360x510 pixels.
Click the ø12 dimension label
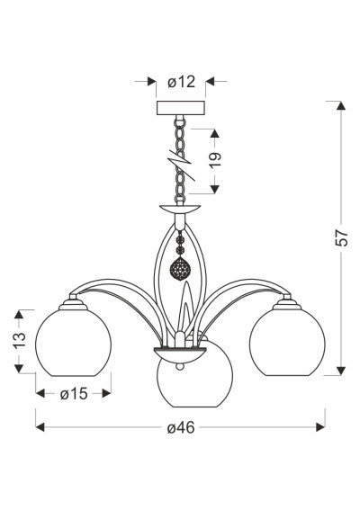(182, 82)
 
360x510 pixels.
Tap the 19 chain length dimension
(215, 160)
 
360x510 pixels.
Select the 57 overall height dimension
(341, 237)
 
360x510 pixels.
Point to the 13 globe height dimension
(20, 340)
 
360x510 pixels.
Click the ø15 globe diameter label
(74, 394)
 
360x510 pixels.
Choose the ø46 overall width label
(181, 427)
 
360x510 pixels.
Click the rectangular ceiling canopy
(181, 108)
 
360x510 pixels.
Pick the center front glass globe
(194, 384)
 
